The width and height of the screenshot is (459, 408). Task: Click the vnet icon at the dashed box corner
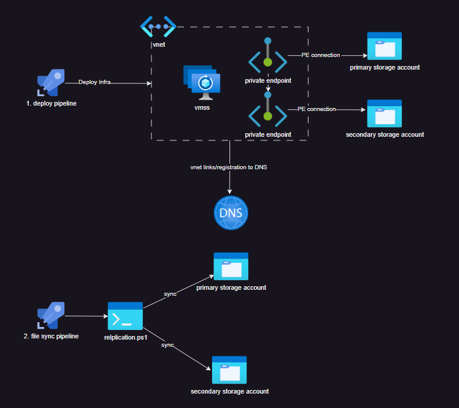point(158,26)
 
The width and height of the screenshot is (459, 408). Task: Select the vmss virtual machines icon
point(202,83)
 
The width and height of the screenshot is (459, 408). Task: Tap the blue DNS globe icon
point(231,212)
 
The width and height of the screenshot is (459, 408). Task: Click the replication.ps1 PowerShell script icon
point(125,316)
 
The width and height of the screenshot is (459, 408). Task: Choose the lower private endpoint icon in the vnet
point(268,110)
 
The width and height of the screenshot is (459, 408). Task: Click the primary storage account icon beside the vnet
point(385,46)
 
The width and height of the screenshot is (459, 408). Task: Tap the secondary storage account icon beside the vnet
point(385,113)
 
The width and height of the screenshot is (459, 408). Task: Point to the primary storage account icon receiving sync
point(231,266)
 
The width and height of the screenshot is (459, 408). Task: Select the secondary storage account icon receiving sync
point(229,370)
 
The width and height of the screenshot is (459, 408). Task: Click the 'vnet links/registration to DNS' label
point(228,167)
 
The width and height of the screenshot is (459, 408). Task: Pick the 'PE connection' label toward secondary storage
point(316,109)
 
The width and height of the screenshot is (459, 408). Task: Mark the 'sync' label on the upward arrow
point(170,294)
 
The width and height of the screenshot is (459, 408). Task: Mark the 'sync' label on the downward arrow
point(168,346)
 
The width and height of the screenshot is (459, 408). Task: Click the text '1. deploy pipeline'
point(51,103)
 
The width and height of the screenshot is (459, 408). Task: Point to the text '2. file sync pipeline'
point(50,336)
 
